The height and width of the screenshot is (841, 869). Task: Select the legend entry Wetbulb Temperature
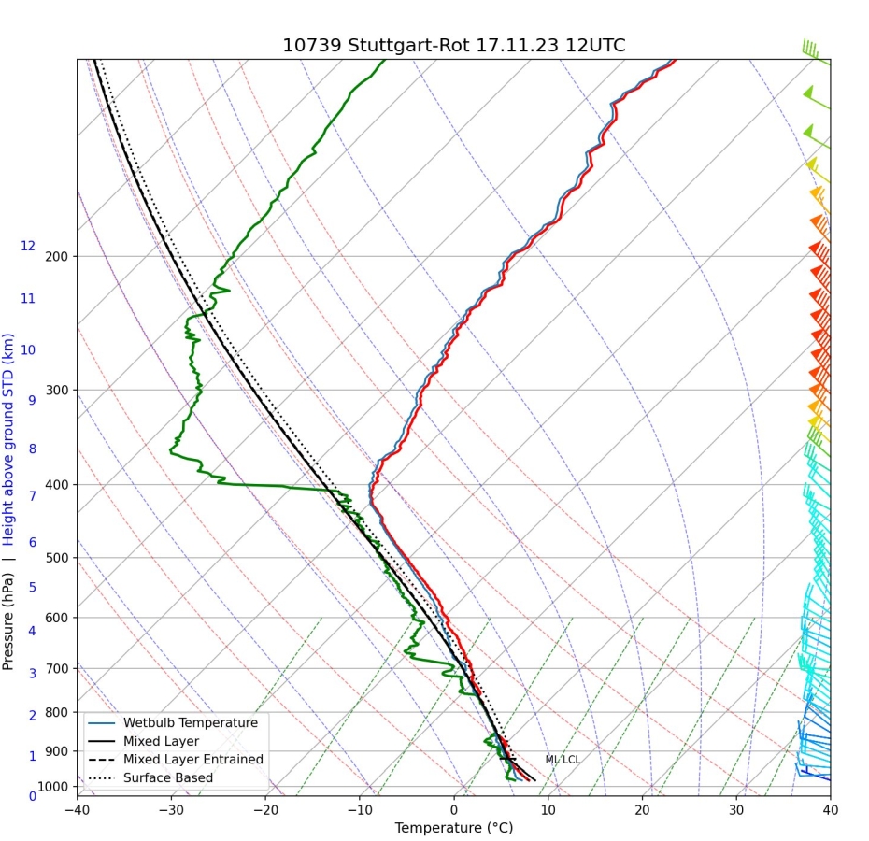click(190, 722)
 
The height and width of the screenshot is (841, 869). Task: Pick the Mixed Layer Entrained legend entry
click(192, 760)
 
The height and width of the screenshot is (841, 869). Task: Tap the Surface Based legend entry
click(167, 777)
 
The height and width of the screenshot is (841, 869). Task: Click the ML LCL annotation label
click(563, 760)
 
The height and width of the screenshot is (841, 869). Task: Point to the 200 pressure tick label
click(56, 256)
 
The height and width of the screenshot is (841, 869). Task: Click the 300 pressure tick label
click(56, 390)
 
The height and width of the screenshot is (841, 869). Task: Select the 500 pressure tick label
click(56, 558)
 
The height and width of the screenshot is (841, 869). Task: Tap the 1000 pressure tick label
click(53, 787)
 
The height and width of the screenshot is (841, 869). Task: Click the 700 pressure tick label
click(56, 668)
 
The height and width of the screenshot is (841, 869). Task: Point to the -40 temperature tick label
click(77, 809)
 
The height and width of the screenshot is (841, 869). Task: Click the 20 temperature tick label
click(642, 809)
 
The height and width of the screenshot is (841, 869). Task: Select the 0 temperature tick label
click(454, 809)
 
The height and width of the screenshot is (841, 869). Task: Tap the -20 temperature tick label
click(264, 809)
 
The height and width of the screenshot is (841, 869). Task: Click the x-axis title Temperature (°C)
click(453, 828)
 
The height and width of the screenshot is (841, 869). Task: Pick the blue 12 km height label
click(28, 246)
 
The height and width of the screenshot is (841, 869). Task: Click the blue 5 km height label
click(32, 587)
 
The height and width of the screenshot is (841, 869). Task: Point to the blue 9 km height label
click(32, 400)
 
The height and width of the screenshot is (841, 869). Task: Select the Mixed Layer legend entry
click(161, 741)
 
